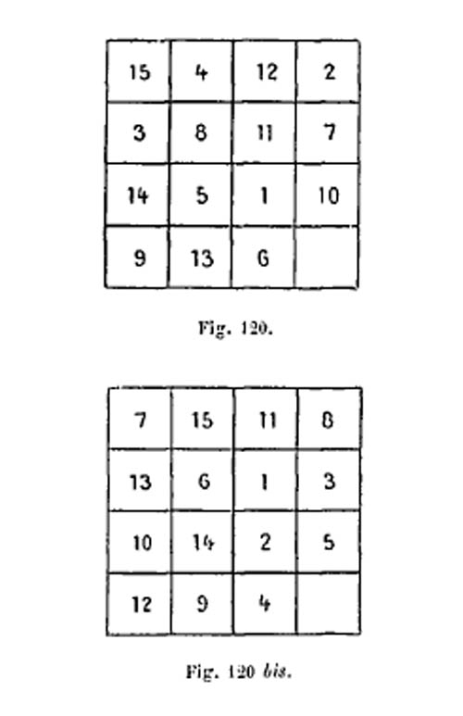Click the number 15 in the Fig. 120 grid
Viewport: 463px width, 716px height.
click(139, 72)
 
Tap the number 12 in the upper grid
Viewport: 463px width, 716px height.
click(267, 71)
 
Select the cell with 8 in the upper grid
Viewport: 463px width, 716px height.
click(201, 132)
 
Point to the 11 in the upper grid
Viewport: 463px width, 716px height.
click(265, 132)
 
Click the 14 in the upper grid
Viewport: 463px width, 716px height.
click(137, 195)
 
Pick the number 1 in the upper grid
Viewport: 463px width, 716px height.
click(264, 195)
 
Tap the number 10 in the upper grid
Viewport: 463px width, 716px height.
click(329, 195)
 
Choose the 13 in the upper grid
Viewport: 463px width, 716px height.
click(201, 259)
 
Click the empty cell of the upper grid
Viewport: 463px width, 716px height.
click(327, 258)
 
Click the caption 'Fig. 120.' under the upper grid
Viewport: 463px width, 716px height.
click(235, 328)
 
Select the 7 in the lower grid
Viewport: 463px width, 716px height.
click(141, 420)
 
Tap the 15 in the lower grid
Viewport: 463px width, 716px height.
click(202, 420)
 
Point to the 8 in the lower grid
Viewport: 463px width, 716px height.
click(328, 420)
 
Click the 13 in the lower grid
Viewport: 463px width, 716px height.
click(140, 482)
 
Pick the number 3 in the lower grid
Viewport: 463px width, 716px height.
click(330, 481)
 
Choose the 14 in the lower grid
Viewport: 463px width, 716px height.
click(203, 542)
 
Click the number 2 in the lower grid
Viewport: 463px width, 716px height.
click(265, 542)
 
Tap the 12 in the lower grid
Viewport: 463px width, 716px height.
click(142, 604)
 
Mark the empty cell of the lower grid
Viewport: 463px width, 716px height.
click(329, 603)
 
